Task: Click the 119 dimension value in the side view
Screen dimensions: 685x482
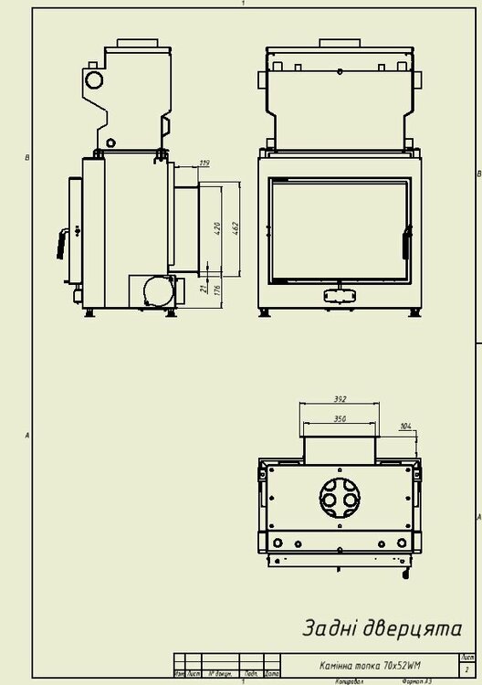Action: [204, 163]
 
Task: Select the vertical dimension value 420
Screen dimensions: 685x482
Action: [217, 227]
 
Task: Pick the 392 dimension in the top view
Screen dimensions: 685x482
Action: [340, 399]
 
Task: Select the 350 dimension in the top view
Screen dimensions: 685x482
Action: [340, 418]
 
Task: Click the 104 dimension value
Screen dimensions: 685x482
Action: [405, 427]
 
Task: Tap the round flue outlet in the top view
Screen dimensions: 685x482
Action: [341, 497]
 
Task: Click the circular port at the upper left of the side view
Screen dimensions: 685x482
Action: [96, 80]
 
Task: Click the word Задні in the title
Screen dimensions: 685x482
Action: [333, 629]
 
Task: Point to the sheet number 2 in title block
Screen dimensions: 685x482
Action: [467, 670]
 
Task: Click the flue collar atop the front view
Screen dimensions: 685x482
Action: [340, 45]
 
